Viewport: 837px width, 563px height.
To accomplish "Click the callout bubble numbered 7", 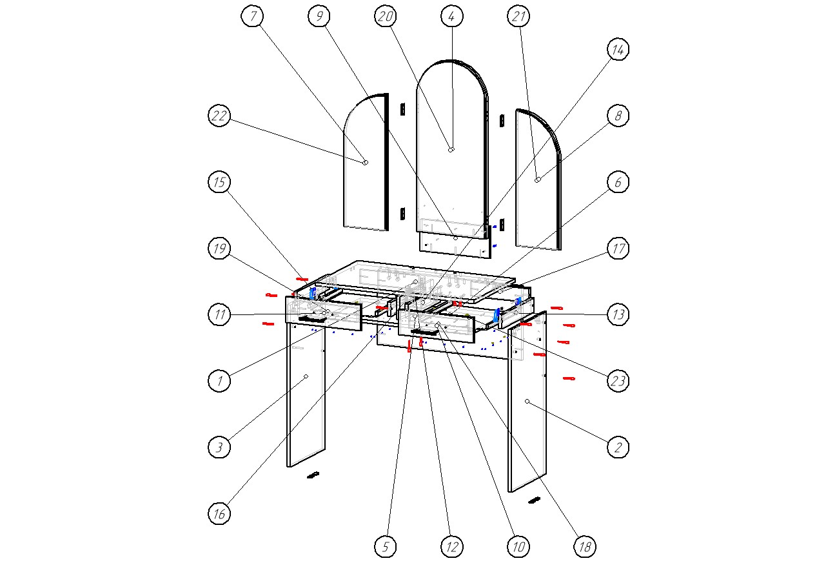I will coord(253,17).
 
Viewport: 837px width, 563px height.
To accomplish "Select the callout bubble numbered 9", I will coord(319,17).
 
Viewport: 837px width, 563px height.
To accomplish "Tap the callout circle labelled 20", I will coord(386,17).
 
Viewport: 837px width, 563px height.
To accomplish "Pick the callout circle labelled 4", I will coord(452,17).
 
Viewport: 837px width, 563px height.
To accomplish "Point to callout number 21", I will coord(518,17).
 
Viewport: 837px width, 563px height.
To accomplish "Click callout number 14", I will coord(618,50).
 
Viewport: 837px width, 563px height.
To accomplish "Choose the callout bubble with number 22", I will coord(219,116).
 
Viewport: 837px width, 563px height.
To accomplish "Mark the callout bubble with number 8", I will coord(618,116).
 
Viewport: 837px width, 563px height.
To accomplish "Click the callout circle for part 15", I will coord(219,183).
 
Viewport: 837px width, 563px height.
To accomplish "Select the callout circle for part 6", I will coord(618,183).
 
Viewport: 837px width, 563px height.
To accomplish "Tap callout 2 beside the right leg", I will coord(618,447).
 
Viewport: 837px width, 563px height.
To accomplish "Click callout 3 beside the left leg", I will coord(219,447).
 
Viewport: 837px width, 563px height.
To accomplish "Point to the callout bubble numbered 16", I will coord(219,513).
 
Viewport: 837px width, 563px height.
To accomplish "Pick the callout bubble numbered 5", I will coord(386,547).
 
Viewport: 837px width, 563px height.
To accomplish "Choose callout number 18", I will coord(585,547).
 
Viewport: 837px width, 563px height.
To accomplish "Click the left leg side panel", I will coord(306,400).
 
